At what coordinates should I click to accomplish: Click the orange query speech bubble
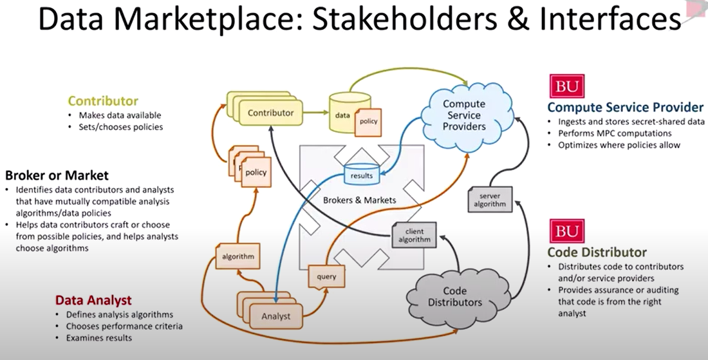(322, 276)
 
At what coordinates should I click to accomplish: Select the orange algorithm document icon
(238, 256)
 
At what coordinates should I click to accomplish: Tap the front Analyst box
(276, 316)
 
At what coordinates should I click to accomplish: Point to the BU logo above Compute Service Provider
(566, 86)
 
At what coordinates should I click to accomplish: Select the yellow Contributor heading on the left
(103, 100)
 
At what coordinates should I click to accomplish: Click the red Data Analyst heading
(93, 300)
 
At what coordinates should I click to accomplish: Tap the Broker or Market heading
(57, 175)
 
